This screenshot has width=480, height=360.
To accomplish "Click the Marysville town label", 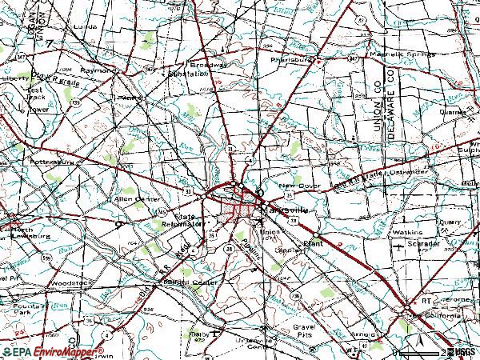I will click(x=289, y=210).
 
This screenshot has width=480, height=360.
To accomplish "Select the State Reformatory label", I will click(x=188, y=222).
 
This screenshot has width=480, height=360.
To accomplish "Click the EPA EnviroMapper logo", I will click(x=53, y=352).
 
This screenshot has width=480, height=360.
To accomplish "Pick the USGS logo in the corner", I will click(x=462, y=351).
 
